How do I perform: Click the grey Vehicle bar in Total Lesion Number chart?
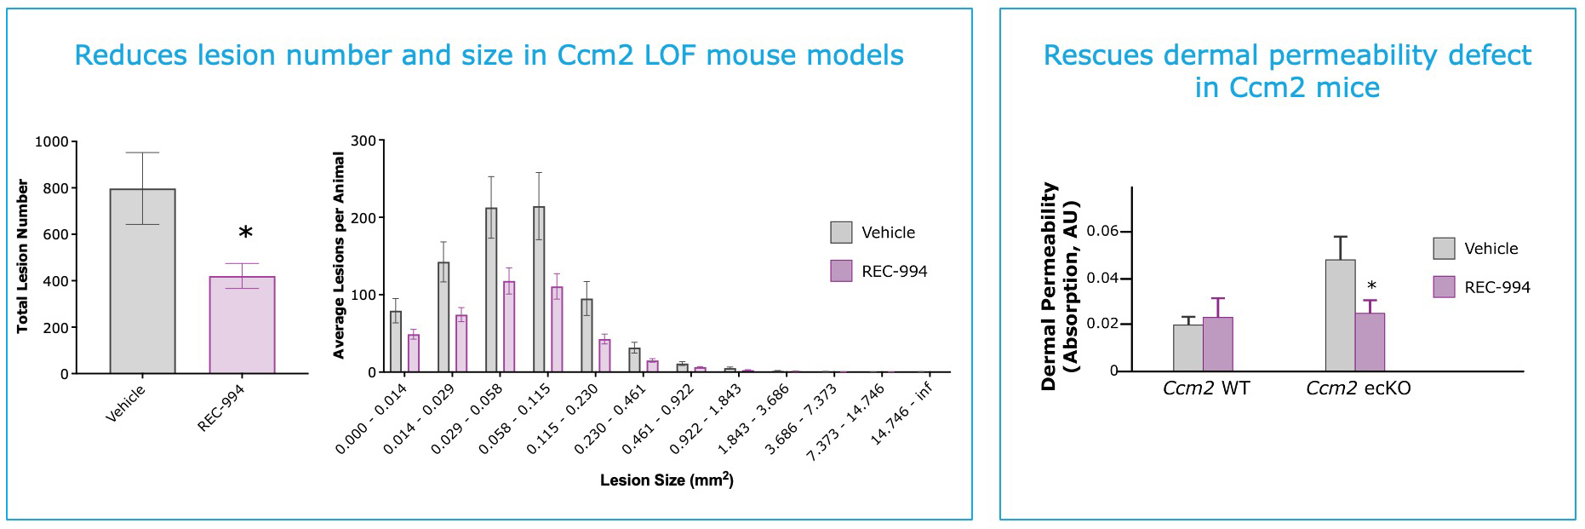(142, 281)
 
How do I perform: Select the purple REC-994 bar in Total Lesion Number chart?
(242, 325)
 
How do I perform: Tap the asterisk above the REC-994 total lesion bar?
(245, 233)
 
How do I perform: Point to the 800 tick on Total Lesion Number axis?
(55, 188)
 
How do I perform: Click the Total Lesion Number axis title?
(22, 256)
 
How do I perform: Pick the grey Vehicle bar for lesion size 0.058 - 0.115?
(539, 290)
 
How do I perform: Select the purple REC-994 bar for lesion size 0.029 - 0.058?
(509, 327)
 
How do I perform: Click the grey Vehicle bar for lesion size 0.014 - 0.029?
(443, 317)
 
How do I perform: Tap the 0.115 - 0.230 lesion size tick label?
(562, 419)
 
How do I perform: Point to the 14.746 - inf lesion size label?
(901, 413)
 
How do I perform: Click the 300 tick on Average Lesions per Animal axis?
(363, 141)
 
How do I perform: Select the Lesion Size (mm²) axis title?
(667, 480)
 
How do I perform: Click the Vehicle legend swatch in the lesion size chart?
(841, 233)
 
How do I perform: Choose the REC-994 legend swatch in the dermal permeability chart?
(1444, 287)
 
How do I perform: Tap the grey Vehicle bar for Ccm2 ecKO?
(1340, 316)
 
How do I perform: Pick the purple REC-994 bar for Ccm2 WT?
(1218, 344)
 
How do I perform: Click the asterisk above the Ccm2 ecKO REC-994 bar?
(1371, 286)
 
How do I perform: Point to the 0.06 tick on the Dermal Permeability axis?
(1102, 232)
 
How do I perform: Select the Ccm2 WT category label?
(1206, 388)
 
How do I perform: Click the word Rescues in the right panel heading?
(1098, 56)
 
